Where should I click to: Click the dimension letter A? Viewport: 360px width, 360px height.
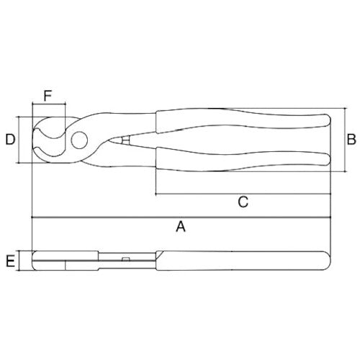coord(181,227)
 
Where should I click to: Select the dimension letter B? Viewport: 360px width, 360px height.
coord(351,139)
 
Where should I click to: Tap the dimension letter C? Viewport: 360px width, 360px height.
coord(243,202)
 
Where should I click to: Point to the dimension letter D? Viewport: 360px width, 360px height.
coord(10,139)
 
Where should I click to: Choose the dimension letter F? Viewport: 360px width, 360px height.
coord(48,95)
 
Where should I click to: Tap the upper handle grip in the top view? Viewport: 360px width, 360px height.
coord(238,122)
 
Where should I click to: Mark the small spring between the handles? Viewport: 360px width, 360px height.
coord(127,141)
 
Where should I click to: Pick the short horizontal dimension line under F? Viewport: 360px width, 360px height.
coord(48,106)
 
